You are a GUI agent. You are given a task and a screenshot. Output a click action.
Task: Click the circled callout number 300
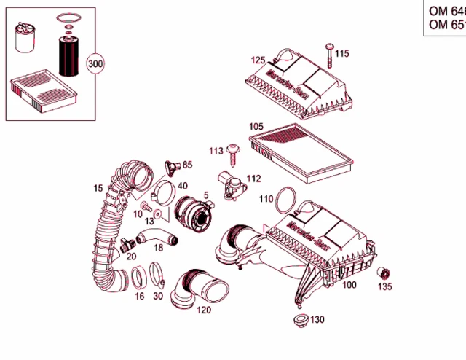point(95,63)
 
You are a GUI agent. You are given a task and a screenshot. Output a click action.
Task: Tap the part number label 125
point(258,60)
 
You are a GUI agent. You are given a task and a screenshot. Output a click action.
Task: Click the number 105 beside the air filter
point(256,126)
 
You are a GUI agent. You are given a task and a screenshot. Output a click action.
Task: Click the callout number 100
point(349,285)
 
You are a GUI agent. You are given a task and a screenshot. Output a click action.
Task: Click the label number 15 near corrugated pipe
point(98,189)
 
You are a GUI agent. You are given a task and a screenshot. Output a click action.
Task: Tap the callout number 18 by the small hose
point(158,249)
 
